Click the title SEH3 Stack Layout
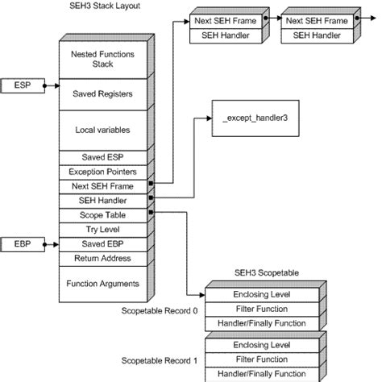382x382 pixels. pos(102,6)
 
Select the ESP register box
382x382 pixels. pos(23,84)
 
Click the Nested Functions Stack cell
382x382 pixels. pos(102,57)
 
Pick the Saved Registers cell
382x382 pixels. pos(102,93)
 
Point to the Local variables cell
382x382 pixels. pos(102,129)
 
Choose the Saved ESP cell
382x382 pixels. pos(102,156)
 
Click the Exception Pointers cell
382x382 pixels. pos(102,171)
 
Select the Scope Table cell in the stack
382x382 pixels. pos(102,214)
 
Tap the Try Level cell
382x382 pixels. pos(102,229)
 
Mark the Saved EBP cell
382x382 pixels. pos(102,243)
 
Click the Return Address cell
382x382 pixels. pos(102,258)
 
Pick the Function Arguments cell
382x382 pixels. pos(102,283)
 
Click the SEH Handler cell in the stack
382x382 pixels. pos(102,200)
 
